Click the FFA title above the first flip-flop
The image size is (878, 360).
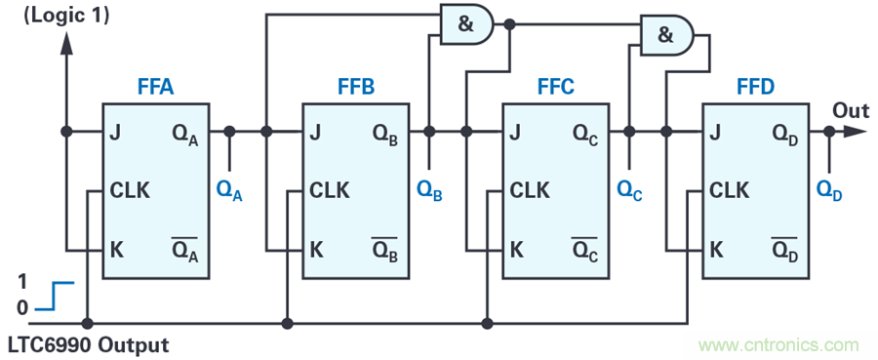coord(156,88)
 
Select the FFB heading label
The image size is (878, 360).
coord(356,88)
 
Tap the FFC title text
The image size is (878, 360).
coord(556,88)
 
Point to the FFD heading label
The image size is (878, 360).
coord(756,88)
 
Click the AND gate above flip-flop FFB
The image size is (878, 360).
coord(467,24)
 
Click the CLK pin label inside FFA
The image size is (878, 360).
coord(130,191)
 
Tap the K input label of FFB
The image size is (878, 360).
coord(316,250)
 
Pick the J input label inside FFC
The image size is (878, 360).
coord(514,133)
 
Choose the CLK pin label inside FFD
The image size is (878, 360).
coord(729,191)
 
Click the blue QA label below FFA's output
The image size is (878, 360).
coord(229,191)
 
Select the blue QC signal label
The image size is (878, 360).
coord(629,191)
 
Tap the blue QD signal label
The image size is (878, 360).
coord(829,191)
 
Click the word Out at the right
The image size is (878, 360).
coord(850,110)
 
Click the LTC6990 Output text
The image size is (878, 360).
coord(86,343)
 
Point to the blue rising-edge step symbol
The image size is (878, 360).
coord(55,297)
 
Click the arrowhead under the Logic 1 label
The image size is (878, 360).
coord(66,44)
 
